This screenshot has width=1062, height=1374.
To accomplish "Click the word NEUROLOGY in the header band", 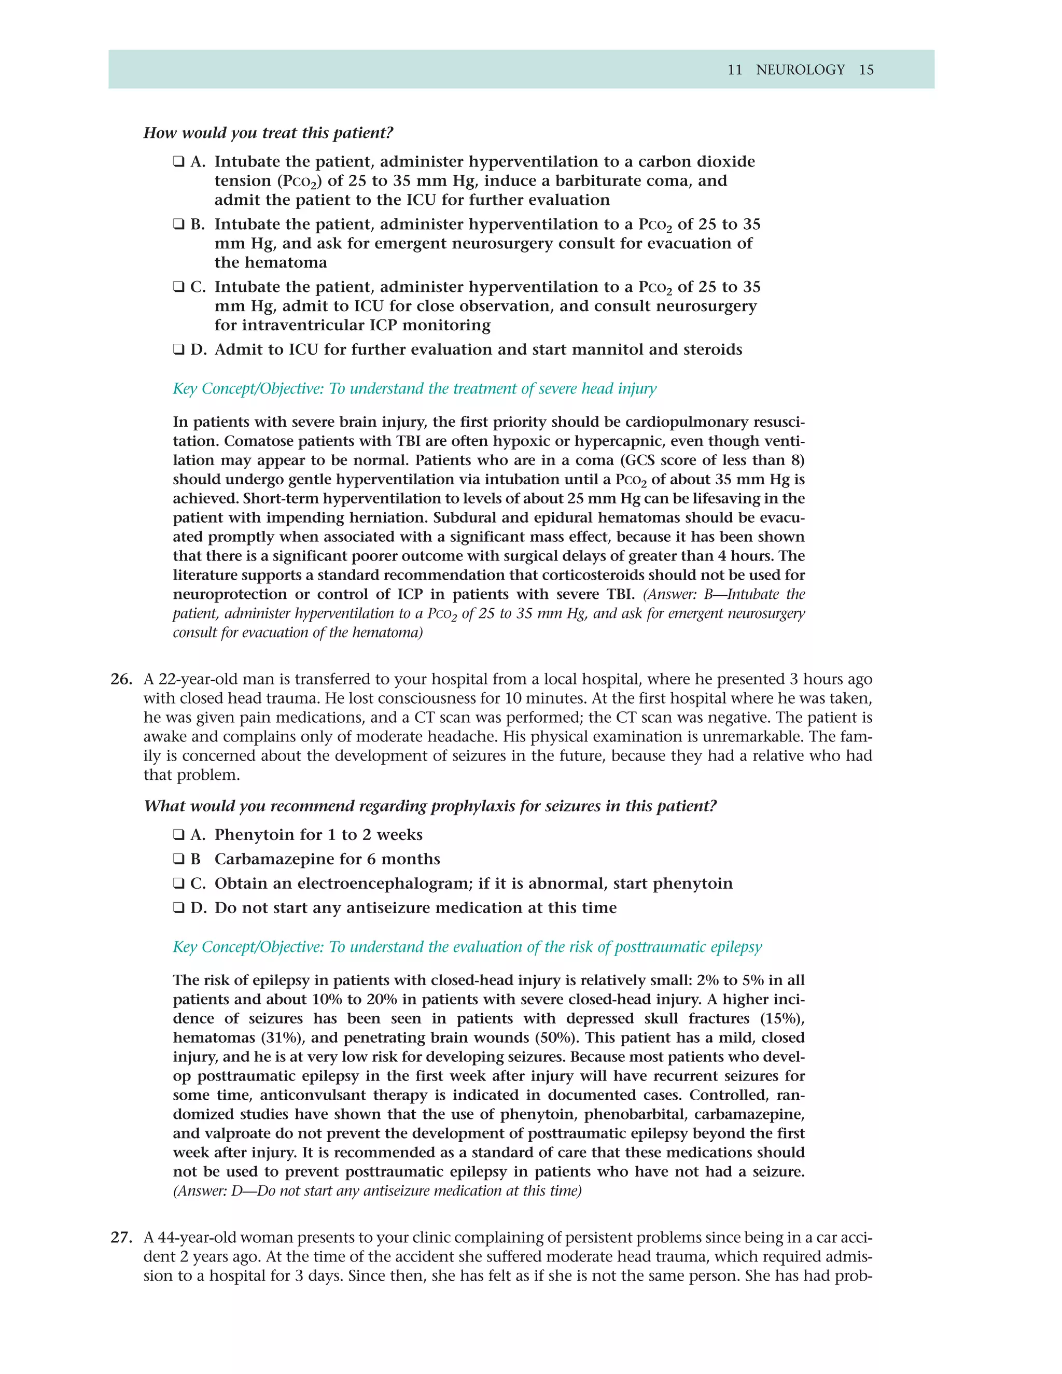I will pyautogui.click(x=800, y=70).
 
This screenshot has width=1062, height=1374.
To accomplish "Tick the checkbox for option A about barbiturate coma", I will pyautogui.click(x=179, y=162).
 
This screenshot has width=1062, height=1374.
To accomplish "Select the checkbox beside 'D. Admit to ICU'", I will pyautogui.click(x=179, y=350).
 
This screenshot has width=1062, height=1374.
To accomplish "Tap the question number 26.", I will pyautogui.click(x=121, y=679).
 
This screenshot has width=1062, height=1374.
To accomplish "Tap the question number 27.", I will pyautogui.click(x=121, y=1238).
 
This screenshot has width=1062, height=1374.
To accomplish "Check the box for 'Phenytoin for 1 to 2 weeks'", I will pyautogui.click(x=179, y=835).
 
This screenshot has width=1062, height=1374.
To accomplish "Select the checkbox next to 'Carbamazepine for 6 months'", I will pyautogui.click(x=179, y=859).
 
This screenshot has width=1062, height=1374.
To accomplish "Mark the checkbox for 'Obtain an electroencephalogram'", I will pyautogui.click(x=179, y=884).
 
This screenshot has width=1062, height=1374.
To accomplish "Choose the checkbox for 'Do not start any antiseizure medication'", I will pyautogui.click(x=179, y=908).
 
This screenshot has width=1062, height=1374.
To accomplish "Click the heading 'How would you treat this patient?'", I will pyautogui.click(x=268, y=133).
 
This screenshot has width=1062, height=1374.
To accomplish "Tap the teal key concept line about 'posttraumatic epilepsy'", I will pyautogui.click(x=467, y=947).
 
